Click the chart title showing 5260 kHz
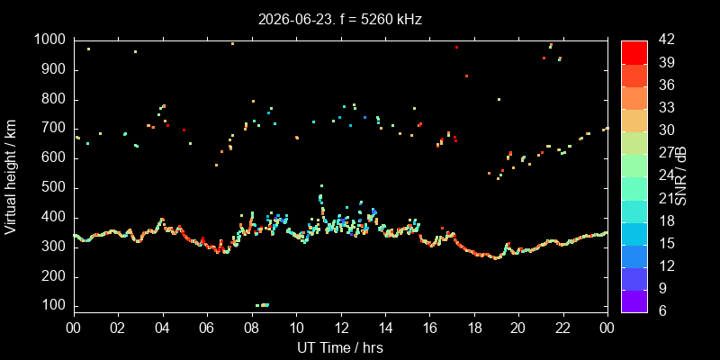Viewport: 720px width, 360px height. [340, 20]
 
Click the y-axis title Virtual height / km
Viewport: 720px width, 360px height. [11, 176]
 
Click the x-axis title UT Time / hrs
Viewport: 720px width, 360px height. [340, 348]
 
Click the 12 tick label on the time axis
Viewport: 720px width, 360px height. [341, 328]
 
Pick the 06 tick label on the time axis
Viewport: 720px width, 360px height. [207, 328]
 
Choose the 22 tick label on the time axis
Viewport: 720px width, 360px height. [563, 328]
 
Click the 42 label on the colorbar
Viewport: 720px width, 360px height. [666, 40]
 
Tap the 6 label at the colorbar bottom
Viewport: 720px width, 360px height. [662, 311]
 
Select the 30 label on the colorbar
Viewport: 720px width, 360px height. [666, 130]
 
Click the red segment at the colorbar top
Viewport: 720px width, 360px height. [634, 52]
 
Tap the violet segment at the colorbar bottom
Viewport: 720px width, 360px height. [634, 301]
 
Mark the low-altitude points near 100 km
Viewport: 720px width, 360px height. [262, 305]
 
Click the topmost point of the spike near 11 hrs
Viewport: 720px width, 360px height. [321, 186]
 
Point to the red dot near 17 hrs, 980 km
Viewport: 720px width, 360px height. [456, 48]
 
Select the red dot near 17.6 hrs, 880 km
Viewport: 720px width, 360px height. [466, 76]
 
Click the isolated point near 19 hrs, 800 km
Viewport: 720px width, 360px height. [499, 99]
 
